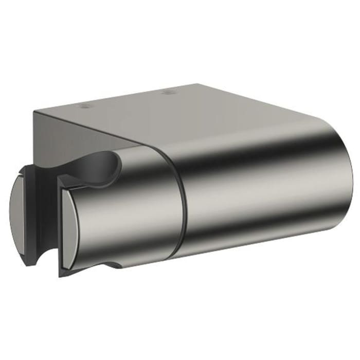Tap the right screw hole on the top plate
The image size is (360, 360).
click(168, 93)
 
